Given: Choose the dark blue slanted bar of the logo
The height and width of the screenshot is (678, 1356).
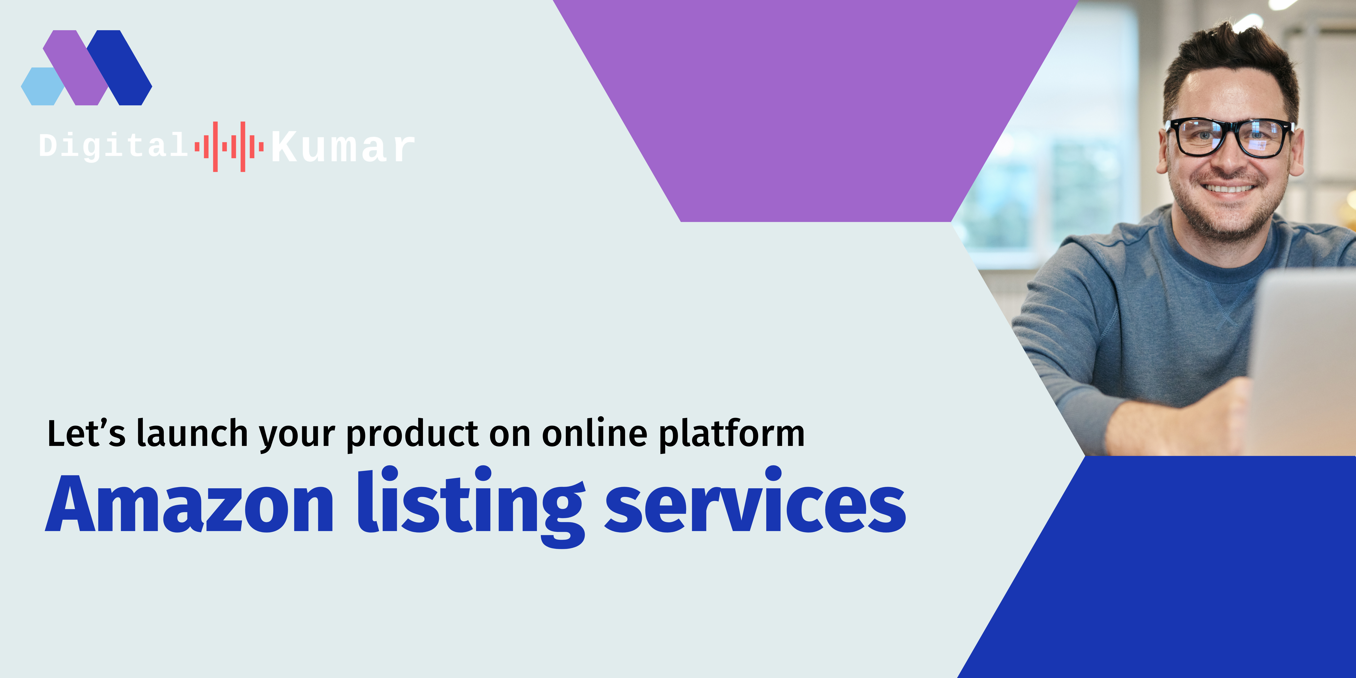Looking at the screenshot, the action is (x=119, y=67).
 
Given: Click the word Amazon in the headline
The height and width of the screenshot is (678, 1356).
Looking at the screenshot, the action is (x=190, y=504).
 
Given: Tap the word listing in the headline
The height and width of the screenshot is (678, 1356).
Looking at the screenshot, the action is (x=471, y=506).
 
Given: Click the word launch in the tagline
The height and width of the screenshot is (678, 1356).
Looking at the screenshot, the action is (x=192, y=434).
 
